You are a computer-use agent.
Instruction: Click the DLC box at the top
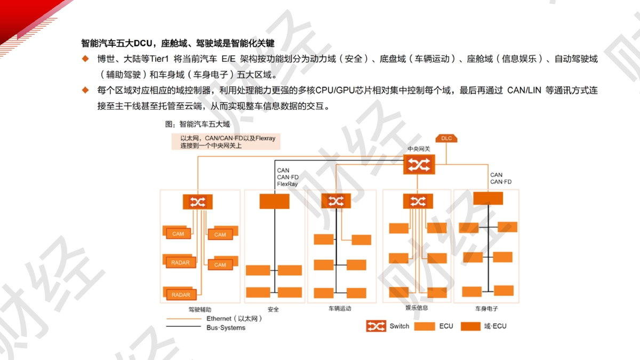(x=446, y=138)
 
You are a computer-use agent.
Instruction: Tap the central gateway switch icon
(x=419, y=164)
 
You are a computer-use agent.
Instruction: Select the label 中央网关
(x=419, y=149)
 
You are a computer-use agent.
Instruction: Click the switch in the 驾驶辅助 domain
(x=198, y=202)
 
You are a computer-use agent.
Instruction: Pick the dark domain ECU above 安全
(x=274, y=202)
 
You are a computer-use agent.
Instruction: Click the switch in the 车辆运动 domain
(x=336, y=201)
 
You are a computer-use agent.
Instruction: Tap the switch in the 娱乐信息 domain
(x=418, y=201)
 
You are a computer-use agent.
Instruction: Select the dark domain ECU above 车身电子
(x=488, y=198)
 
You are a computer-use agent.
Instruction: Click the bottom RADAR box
(x=181, y=294)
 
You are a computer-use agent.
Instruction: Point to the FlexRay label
(x=287, y=184)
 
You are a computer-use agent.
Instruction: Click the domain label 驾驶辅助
(x=199, y=309)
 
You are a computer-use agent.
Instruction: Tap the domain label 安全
(x=273, y=309)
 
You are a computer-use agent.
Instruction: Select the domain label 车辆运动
(x=340, y=309)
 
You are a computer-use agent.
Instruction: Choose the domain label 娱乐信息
(x=417, y=308)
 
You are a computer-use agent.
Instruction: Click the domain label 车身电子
(x=486, y=309)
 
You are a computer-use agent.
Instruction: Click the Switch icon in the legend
(x=376, y=326)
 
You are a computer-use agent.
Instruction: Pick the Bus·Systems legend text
(x=226, y=327)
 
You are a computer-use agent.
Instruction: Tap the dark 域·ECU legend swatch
(x=470, y=326)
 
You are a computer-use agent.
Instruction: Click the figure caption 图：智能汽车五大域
(x=197, y=124)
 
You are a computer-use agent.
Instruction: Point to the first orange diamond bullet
(x=85, y=59)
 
